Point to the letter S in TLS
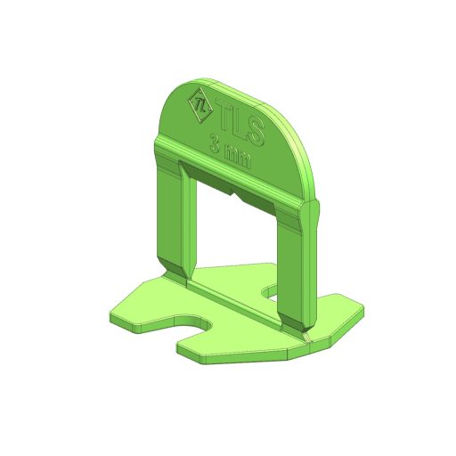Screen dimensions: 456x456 [x=256, y=132]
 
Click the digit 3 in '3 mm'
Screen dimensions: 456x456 [x=216, y=143]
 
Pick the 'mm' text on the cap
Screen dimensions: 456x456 [x=238, y=157]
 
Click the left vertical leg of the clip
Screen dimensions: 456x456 [x=176, y=221]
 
